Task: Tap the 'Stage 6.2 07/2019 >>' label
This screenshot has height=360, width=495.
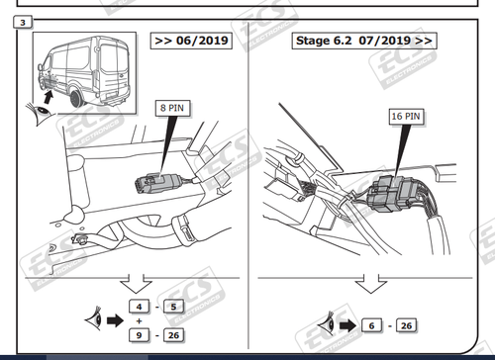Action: point(363,41)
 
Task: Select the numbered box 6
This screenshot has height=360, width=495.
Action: point(372,325)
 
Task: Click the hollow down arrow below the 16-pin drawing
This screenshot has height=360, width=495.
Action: point(371,285)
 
